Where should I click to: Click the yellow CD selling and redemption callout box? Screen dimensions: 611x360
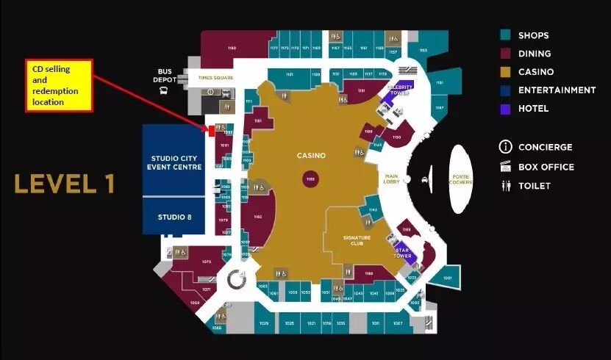(60, 85)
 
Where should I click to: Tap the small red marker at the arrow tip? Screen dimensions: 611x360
(211, 132)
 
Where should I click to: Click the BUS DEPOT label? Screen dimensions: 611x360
(165, 75)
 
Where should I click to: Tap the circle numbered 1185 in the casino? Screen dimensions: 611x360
(310, 179)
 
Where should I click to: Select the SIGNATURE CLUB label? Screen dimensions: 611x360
(357, 240)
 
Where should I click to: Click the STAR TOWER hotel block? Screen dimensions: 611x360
(403, 253)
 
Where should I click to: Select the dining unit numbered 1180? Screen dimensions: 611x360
(232, 49)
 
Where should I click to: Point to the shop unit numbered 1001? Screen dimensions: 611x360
(447, 278)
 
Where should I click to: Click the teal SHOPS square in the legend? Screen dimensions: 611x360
(505, 35)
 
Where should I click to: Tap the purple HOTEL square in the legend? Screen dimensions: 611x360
(505, 109)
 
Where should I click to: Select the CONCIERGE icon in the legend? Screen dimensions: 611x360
(505, 147)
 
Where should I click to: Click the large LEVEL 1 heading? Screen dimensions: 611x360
(65, 184)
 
